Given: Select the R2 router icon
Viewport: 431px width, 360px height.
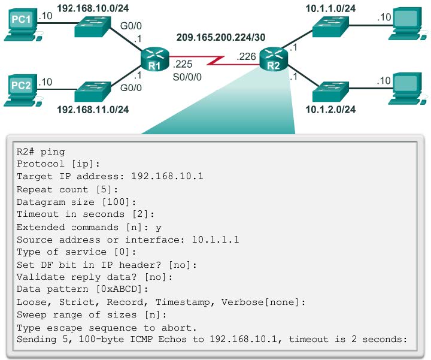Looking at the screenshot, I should click(x=273, y=59).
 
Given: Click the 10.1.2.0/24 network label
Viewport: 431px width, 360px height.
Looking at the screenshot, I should click(x=330, y=109).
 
